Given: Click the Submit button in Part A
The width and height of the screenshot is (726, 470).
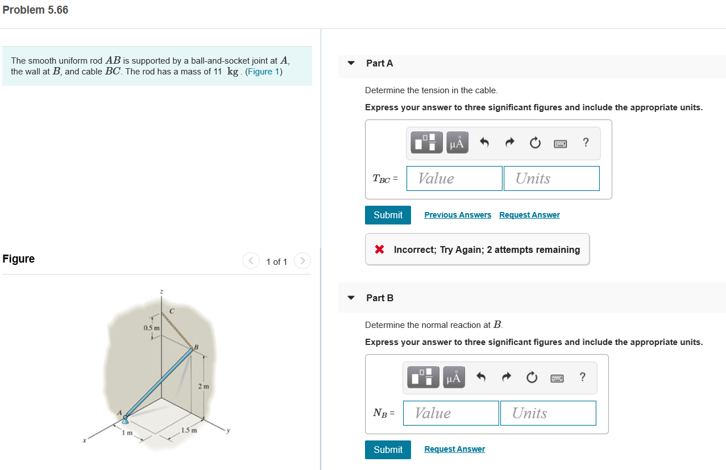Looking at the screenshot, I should tap(388, 215).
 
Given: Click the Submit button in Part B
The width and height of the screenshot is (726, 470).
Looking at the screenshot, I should tap(388, 450).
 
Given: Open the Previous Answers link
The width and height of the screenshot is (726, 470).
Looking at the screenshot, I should tap(458, 215).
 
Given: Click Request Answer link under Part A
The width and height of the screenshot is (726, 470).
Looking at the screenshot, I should tap(529, 215).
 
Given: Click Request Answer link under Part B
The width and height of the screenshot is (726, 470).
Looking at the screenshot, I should tap(454, 450).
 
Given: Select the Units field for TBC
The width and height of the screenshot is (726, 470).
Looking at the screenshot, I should tap(551, 178).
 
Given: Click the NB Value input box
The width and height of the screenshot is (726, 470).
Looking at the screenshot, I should tap(451, 413).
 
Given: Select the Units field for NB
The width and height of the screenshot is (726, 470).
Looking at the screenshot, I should tap(547, 413).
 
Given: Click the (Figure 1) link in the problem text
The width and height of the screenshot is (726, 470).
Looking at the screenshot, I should tap(264, 72).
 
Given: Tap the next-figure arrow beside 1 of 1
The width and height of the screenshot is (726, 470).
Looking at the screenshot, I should tap(303, 261).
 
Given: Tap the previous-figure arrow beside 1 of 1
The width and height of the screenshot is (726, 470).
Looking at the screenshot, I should tap(251, 261).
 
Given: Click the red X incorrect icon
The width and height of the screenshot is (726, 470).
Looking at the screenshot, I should tap(380, 249).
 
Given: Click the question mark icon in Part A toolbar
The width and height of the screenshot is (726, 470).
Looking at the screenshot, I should tap(586, 143).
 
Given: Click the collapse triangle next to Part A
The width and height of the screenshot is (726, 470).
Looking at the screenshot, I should tap(351, 63).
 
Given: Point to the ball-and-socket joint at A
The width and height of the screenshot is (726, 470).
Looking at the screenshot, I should tap(125, 418).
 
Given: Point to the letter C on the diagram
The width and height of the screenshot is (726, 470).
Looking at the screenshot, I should tap(172, 310).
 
